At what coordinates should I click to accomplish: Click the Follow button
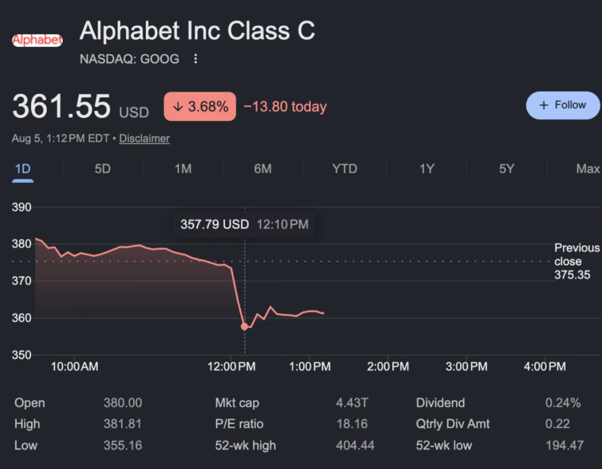[563, 106]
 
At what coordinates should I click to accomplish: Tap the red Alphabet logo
[37, 40]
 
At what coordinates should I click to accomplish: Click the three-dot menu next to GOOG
[195, 59]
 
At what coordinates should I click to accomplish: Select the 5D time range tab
[103, 168]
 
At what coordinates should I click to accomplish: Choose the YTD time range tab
[345, 168]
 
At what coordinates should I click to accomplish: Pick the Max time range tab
[588, 168]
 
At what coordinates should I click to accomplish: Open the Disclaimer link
[144, 138]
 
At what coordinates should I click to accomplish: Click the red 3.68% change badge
[200, 106]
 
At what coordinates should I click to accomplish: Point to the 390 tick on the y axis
[21, 207]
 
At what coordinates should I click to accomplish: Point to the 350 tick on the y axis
[21, 355]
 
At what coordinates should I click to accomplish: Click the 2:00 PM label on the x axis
[388, 366]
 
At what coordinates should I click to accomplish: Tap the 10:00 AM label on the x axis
[74, 366]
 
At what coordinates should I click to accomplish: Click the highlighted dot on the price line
[244, 327]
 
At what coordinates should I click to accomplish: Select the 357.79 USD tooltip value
[215, 224]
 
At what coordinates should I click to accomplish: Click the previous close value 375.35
[572, 275]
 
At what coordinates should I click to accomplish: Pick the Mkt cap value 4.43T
[352, 403]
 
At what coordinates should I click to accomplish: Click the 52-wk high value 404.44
[355, 446]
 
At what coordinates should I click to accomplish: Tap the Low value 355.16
[123, 446]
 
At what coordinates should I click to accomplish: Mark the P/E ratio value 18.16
[352, 424]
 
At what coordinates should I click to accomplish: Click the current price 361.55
[61, 106]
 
